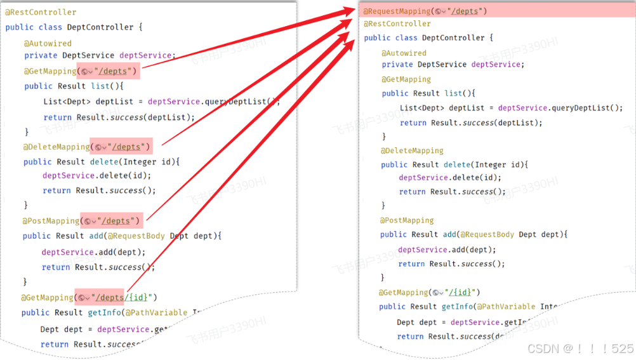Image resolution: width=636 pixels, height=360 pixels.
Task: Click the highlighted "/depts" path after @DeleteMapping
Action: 129,147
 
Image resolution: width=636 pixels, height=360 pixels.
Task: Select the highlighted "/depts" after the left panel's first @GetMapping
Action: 114,71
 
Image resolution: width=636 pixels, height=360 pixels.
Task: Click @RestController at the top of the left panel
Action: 41,12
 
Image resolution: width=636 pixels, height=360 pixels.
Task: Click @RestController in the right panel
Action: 397,23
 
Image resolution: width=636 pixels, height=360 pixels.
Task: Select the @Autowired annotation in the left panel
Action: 48,43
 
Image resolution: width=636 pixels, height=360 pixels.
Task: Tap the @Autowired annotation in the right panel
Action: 404,53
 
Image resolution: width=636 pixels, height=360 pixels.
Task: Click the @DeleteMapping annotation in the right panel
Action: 412,150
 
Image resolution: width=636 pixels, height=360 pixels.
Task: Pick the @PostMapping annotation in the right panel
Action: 407,220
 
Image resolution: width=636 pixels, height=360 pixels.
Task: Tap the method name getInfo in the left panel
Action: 104,312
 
